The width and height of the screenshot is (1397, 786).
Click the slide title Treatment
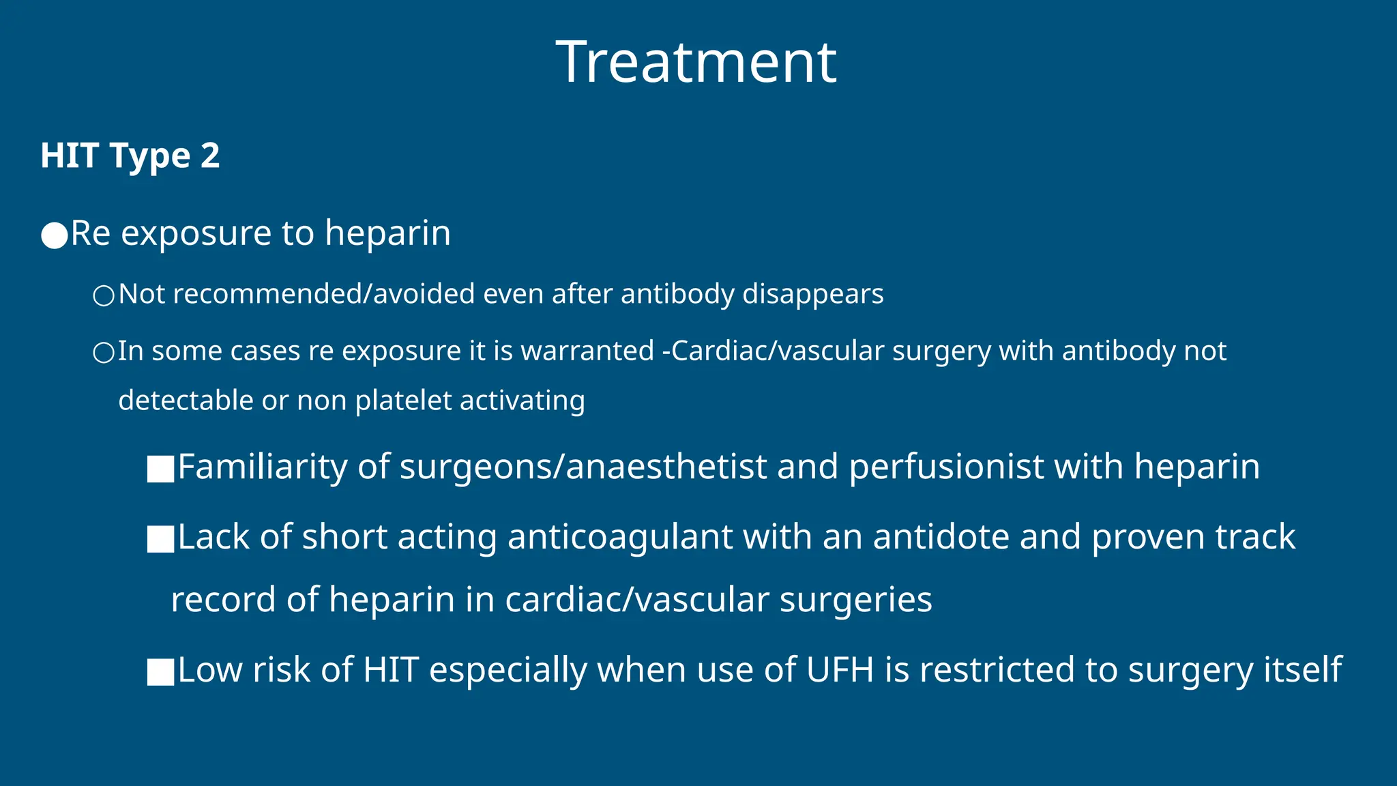click(696, 62)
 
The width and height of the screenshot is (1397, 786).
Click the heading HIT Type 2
click(130, 156)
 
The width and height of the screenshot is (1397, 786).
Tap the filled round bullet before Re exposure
click(54, 235)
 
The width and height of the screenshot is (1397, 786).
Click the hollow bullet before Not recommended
click(104, 296)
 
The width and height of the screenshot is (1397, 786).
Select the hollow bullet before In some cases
click(104, 353)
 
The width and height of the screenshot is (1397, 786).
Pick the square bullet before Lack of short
click(160, 540)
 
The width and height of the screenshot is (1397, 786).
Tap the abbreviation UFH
click(839, 670)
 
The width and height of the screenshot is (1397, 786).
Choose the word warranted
click(587, 351)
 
